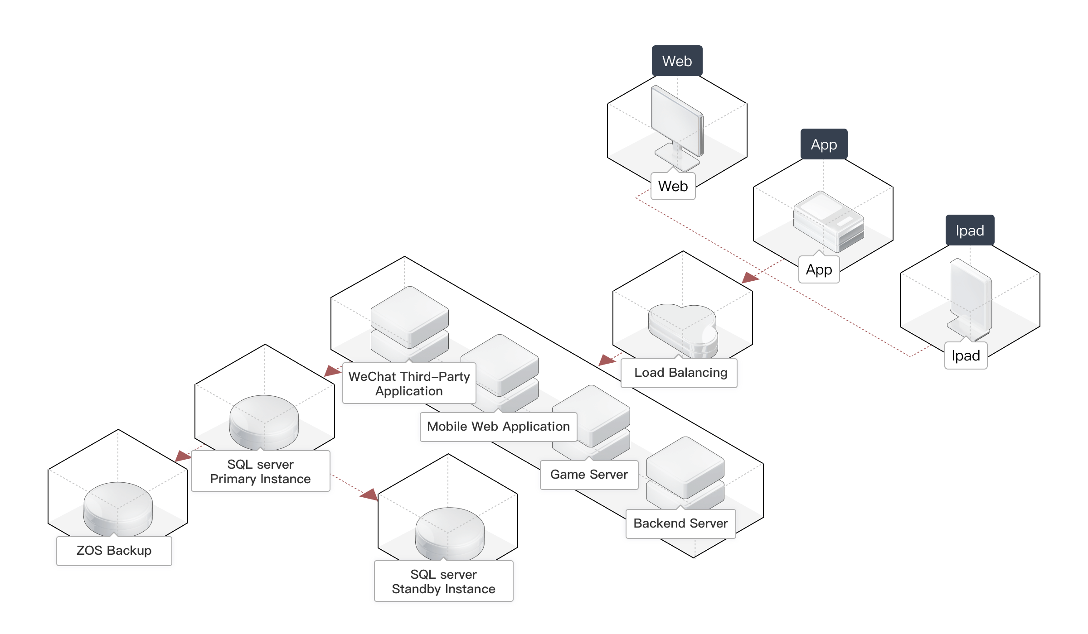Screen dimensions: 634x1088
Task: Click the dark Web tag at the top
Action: pyautogui.click(x=677, y=61)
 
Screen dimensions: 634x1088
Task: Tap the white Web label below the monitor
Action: pyautogui.click(x=673, y=186)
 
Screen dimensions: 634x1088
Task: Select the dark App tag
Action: pyautogui.click(x=824, y=144)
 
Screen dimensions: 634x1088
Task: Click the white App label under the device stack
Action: pyautogui.click(x=819, y=270)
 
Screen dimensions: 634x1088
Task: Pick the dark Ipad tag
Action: pyautogui.click(x=970, y=231)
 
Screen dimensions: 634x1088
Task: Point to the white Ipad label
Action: pyautogui.click(x=966, y=356)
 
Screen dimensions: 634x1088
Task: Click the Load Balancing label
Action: pyautogui.click(x=680, y=373)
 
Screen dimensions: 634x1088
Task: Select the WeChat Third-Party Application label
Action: pyautogui.click(x=409, y=384)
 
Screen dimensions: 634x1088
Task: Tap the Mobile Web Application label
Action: pyautogui.click(x=498, y=427)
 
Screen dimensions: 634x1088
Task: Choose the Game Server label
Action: pyautogui.click(x=589, y=475)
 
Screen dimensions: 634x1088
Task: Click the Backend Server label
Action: pyautogui.click(x=680, y=524)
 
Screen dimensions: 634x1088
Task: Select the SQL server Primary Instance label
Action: pyautogui.click(x=261, y=472)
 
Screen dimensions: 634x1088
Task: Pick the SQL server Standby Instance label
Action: pyautogui.click(x=443, y=582)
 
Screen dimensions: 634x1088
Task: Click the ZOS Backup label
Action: pyautogui.click(x=114, y=551)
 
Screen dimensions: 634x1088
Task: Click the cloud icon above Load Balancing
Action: pyautogui.click(x=682, y=328)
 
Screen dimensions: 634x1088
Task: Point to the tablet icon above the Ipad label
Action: pyautogui.click(x=970, y=299)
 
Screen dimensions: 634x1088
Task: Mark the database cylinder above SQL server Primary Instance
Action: pyautogui.click(x=264, y=422)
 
